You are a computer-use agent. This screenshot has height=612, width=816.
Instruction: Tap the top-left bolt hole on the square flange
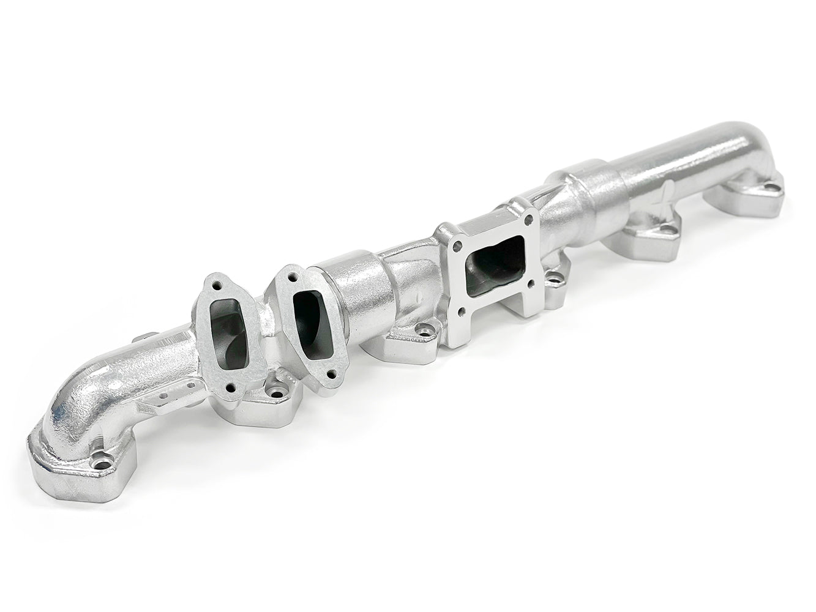click(455, 249)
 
